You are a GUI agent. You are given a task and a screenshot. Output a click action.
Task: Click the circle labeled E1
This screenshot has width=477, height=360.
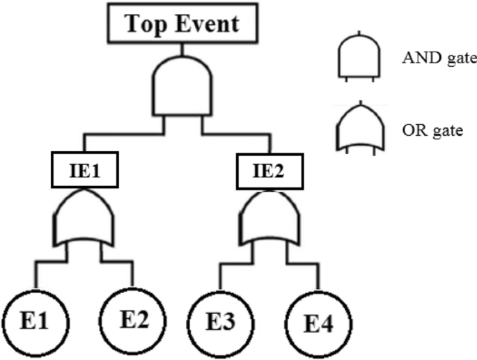34,322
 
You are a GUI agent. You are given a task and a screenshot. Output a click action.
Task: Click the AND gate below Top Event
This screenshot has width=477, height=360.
183,86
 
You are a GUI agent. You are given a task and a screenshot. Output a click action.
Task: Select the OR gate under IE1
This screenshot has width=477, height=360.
83,219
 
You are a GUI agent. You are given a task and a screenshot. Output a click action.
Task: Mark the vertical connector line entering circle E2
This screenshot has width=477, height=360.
132,275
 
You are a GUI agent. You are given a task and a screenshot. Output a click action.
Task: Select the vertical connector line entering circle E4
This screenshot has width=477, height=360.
320,276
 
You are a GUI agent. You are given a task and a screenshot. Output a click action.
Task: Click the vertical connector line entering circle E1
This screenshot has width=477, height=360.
34,276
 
